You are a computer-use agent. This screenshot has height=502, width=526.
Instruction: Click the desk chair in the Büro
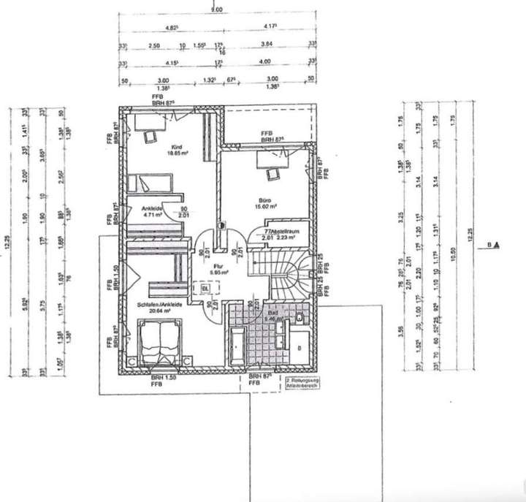(272, 172)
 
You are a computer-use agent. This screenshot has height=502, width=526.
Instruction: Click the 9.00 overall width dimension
(216, 9)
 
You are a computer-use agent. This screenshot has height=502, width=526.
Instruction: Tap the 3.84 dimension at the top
(266, 45)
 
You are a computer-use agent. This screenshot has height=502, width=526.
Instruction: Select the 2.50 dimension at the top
(153, 45)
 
